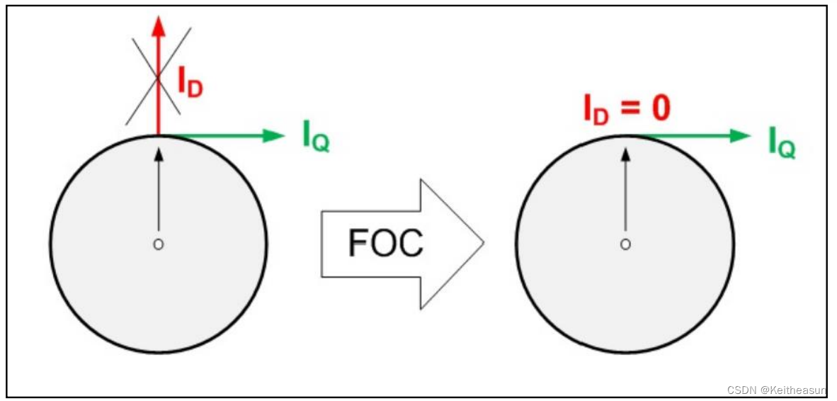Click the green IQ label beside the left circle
click(x=316, y=137)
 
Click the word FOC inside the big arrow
click(x=385, y=244)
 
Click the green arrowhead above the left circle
click(x=275, y=135)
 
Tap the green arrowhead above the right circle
click(x=741, y=135)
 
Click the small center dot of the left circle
click(x=159, y=244)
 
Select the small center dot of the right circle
click(x=625, y=244)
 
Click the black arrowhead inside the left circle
click(x=159, y=152)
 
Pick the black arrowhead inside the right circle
click(x=625, y=152)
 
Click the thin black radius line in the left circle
click(x=159, y=198)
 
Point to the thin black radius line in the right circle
click(x=625, y=198)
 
